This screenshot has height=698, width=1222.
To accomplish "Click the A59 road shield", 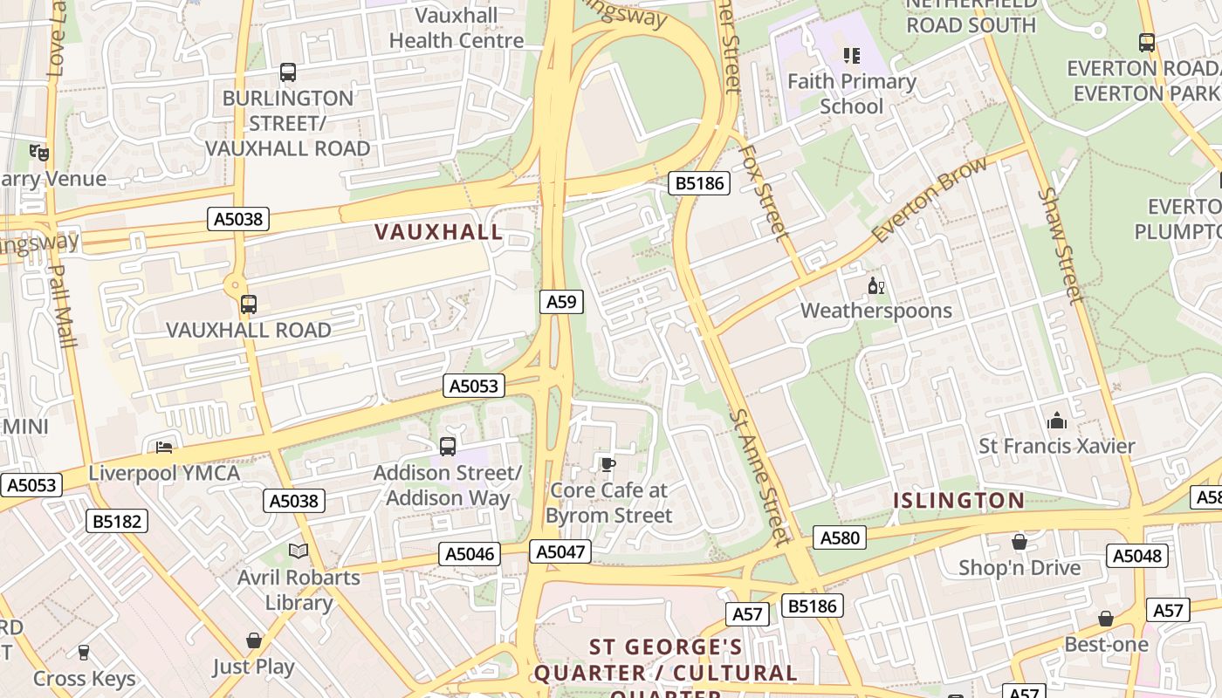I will (561, 302).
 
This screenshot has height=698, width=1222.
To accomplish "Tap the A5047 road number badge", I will (560, 551).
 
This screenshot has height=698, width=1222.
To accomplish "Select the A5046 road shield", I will (470, 554).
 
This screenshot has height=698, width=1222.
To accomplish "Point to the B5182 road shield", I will (118, 522).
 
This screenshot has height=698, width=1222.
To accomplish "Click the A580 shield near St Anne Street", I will (840, 537).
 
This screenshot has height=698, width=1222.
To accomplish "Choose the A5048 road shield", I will (1136, 556).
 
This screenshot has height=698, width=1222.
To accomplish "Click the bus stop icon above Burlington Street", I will (288, 72).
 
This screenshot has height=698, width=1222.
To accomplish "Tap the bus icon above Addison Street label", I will (448, 447).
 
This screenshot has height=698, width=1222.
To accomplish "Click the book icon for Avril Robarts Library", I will (299, 551).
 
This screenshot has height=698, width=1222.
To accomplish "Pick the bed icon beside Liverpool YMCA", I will (164, 448).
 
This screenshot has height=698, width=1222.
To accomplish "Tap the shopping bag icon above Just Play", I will (254, 641).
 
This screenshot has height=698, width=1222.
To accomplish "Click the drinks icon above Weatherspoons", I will (875, 285).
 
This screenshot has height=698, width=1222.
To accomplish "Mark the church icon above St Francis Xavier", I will (1057, 421).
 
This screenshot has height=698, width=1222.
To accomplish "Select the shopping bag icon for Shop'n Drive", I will (1019, 543).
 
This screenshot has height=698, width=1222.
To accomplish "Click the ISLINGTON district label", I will (958, 501).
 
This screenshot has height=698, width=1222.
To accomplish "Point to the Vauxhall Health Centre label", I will (457, 28).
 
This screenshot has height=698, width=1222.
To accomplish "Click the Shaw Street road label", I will (1061, 246).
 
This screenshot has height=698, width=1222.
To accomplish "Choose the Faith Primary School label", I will (851, 94).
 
